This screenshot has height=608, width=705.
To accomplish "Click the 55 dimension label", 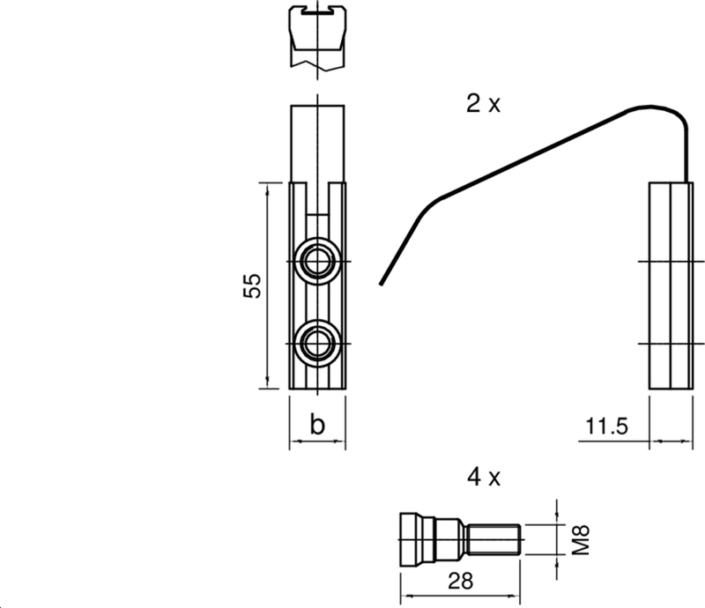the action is (x=252, y=285).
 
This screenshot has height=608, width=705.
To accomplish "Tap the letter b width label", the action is (x=317, y=424).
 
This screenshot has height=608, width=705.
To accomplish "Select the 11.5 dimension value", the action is (x=606, y=426).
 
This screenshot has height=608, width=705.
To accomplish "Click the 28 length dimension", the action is (x=460, y=581).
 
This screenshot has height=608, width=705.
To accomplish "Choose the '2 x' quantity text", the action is (x=483, y=104).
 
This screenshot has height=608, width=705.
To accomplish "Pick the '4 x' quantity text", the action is (x=483, y=477).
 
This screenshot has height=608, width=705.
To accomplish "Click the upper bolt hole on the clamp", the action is (x=317, y=262).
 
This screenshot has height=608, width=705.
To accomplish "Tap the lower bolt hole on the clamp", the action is (x=317, y=344).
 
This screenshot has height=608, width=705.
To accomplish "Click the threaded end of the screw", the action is (x=493, y=539).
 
